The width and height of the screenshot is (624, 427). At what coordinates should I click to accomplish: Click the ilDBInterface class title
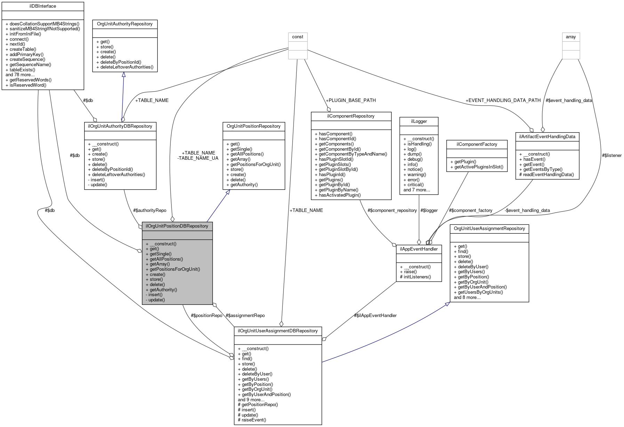click(x=42, y=6)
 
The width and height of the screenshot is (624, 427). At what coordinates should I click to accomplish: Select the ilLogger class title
click(x=418, y=121)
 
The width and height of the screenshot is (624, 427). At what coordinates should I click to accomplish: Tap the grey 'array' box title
click(x=571, y=37)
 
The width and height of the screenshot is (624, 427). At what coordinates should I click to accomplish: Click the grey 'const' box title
click(x=297, y=37)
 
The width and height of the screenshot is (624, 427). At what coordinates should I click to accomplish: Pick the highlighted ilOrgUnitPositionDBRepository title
click(x=177, y=226)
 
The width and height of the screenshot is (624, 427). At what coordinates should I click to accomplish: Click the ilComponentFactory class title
click(x=477, y=144)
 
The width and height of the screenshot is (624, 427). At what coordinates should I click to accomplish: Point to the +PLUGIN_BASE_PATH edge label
click(x=351, y=100)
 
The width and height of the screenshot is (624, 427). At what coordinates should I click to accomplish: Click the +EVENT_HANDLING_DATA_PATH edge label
click(x=503, y=100)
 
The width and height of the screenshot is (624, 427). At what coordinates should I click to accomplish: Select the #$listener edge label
click(x=611, y=155)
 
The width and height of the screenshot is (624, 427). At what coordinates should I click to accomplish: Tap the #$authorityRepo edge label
click(x=150, y=210)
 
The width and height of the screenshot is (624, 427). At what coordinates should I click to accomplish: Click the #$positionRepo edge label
click(x=206, y=315)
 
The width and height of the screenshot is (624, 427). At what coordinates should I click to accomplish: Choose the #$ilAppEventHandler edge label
click(x=375, y=315)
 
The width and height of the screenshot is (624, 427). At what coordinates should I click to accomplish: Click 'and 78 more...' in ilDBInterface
click(x=20, y=75)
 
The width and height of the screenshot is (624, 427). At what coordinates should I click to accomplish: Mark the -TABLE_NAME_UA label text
click(x=198, y=158)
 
